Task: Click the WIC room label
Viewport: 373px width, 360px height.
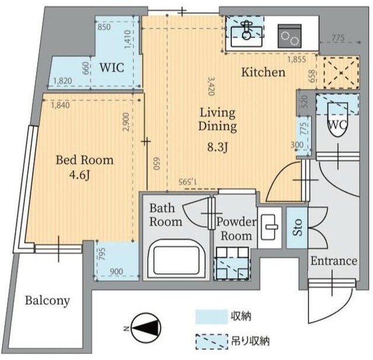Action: (111, 68)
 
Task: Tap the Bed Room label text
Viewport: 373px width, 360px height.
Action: (85, 160)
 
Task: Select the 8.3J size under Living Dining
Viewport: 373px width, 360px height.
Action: (217, 147)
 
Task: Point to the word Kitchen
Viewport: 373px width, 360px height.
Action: (263, 72)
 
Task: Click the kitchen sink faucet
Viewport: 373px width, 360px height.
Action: (247, 30)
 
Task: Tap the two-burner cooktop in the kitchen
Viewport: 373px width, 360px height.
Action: (290, 36)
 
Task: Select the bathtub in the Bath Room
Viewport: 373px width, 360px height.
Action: (177, 260)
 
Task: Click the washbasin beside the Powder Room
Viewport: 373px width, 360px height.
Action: (269, 227)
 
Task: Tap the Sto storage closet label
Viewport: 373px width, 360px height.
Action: (297, 227)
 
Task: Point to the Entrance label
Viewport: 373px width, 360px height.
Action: (334, 261)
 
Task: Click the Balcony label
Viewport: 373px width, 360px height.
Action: (47, 301)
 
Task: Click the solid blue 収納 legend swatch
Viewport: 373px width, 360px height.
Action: (212, 316)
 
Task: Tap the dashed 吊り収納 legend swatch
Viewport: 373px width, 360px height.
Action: (212, 342)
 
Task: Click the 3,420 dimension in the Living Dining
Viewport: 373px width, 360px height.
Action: (211, 86)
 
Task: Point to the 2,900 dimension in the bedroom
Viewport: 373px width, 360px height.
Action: (126, 122)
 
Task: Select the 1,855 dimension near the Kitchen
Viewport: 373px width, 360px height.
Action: (297, 59)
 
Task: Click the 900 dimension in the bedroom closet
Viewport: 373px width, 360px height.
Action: (117, 271)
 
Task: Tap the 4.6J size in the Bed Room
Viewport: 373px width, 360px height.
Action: (79, 176)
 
